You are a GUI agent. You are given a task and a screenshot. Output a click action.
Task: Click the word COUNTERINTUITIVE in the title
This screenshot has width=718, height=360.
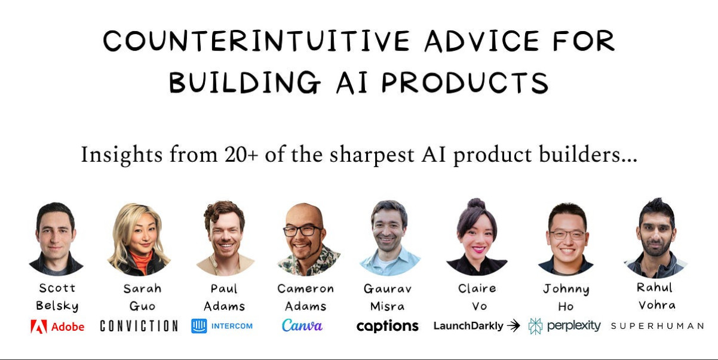pos(256,41)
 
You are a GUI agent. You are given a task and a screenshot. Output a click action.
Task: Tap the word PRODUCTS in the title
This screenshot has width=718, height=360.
pos(465,82)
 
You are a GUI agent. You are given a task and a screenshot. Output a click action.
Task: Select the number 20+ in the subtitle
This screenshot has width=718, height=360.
pos(241,155)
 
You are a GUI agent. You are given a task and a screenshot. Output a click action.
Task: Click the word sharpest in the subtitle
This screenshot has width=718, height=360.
pos(372,156)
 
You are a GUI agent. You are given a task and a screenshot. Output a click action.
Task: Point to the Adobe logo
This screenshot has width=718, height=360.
pos(57,327)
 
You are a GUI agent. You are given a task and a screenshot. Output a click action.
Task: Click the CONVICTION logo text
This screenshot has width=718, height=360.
pos(139,326)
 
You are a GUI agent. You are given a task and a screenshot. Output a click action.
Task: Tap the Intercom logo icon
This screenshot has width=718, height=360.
pos(199,326)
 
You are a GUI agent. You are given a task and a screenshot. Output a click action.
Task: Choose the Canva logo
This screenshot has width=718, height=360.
pos(302,325)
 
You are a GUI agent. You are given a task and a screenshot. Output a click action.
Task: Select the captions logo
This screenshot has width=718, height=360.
pos(388,327)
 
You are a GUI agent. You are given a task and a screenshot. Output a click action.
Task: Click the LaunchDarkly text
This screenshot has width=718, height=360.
pos(468,326)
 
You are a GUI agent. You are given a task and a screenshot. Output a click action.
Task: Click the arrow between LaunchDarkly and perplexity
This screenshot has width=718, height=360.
pos(514,326)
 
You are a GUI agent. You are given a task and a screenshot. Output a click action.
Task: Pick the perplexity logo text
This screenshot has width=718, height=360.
pos(574,326)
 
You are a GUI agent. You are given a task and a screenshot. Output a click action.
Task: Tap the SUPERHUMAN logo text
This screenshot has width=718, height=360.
pos(658,326)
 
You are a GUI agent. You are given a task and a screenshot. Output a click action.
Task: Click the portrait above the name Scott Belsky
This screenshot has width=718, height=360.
pos(56,239)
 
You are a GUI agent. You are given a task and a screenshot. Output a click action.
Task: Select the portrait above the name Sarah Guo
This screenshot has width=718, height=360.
pos(139,239)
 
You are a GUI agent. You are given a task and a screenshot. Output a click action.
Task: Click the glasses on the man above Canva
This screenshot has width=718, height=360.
pos(303,230)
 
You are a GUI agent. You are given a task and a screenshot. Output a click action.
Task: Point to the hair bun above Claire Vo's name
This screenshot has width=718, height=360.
pos(476,204)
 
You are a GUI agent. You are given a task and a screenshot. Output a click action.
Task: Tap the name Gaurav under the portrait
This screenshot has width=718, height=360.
pos(388,289)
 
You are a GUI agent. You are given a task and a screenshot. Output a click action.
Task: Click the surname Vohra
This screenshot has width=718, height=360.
pos(657,305)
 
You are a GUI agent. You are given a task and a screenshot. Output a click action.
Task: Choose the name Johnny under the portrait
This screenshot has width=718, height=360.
pos(566,290)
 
